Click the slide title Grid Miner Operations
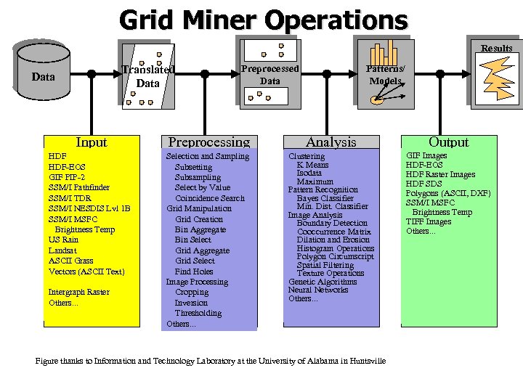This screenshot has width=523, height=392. [263, 20]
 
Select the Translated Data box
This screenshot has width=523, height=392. [148, 75]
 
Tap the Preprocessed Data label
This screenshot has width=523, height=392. [269, 75]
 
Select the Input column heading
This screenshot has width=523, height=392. [91, 142]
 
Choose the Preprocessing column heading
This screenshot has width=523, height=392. [209, 142]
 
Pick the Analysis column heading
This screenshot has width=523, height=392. [331, 142]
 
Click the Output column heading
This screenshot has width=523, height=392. [448, 142]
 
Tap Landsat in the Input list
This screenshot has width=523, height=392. [63, 250]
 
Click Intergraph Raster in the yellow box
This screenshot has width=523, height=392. [78, 292]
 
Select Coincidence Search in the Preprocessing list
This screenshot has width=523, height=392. [210, 198]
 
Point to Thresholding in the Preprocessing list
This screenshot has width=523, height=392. [198, 313]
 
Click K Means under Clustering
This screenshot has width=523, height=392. [312, 165]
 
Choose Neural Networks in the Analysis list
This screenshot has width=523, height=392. [318, 290]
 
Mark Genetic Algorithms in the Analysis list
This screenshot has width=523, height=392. [323, 282]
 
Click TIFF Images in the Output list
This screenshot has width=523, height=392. [429, 221]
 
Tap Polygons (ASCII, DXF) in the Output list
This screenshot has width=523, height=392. [448, 193]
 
